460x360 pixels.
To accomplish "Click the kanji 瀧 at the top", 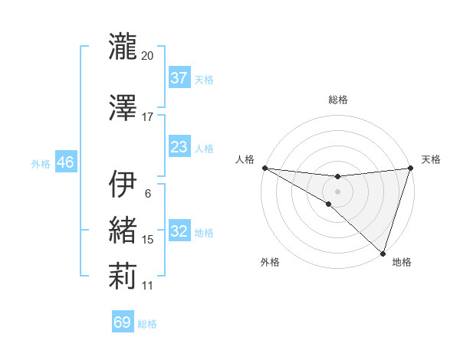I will click(123, 47).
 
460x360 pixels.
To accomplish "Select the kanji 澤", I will click(123, 108).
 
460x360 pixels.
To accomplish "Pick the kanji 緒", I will click(123, 231).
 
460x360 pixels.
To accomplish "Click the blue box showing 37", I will click(179, 78).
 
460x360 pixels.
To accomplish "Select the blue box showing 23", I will click(179, 147).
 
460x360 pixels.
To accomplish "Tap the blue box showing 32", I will click(179, 231).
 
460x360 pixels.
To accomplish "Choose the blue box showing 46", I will click(65, 162).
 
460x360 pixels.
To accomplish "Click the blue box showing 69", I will click(123, 322).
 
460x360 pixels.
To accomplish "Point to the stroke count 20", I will click(148, 56).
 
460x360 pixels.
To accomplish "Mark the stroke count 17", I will click(148, 117).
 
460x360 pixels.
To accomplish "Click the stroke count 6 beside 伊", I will click(148, 194).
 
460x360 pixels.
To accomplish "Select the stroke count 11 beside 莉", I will click(148, 286).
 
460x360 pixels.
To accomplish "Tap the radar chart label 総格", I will click(337, 100).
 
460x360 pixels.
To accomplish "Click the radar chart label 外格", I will click(270, 263).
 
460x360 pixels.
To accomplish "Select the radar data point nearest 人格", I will click(264, 168).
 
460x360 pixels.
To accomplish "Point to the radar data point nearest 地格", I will click(383, 253).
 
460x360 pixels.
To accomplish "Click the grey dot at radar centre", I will click(337, 191).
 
